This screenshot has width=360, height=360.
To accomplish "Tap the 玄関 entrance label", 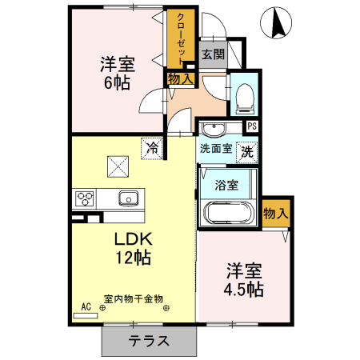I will point(213,55).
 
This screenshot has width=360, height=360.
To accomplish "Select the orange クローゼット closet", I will point(182,40).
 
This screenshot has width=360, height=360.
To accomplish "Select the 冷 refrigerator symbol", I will point(151,147).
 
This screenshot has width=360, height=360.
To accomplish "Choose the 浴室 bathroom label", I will point(226,186).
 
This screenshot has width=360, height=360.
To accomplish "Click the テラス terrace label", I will point(149,340).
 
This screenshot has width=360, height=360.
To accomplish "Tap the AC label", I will point(86,305).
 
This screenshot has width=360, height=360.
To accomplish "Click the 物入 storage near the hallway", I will point(180,78).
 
